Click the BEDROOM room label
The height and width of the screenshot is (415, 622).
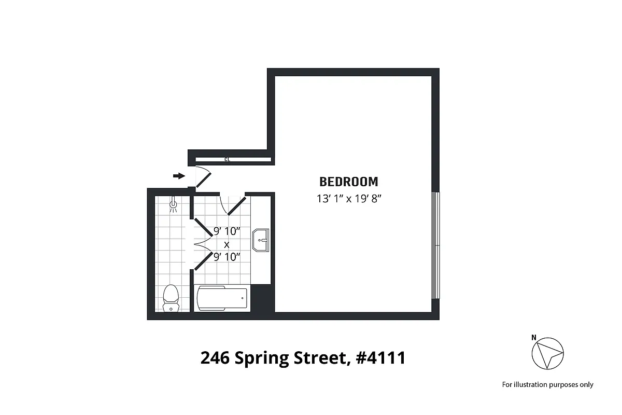click(x=348, y=182)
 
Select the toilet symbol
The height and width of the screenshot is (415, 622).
click(x=171, y=298)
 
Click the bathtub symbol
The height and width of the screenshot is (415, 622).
click(x=222, y=298)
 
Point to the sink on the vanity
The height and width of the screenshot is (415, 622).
click(x=261, y=240)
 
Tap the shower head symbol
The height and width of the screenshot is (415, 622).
click(x=174, y=206)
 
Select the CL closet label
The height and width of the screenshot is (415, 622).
click(x=227, y=159)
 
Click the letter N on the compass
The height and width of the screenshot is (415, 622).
click(x=534, y=338)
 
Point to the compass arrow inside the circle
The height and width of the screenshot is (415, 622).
click(x=550, y=355)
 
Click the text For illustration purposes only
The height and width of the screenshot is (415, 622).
click(x=547, y=384)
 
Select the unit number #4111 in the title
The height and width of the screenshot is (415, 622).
click(x=380, y=358)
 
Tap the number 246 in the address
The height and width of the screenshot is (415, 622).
click(x=215, y=358)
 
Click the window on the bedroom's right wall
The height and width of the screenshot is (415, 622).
click(x=436, y=245)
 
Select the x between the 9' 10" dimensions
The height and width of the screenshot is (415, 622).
click(x=227, y=244)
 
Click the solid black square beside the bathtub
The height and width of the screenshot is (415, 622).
click(x=262, y=298)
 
